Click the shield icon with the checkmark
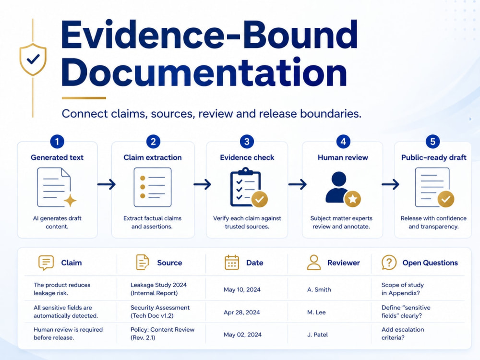click(x=33, y=60)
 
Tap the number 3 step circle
click(x=247, y=142)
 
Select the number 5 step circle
click(x=432, y=142)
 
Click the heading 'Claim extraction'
click(x=153, y=157)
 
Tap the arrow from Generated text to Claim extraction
click(x=107, y=184)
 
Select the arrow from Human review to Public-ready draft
click(x=390, y=184)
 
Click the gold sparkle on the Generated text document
click(x=70, y=201)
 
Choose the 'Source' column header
click(x=169, y=263)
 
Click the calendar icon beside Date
click(x=232, y=263)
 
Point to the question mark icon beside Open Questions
click(x=389, y=263)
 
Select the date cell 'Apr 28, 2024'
click(x=242, y=312)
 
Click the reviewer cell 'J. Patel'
click(x=317, y=335)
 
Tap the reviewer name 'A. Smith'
click(x=319, y=289)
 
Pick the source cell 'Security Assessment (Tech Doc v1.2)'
click(x=160, y=312)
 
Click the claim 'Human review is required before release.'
click(x=68, y=334)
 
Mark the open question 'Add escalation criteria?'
click(x=403, y=334)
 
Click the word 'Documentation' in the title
click(x=204, y=72)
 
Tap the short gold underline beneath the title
click(x=84, y=98)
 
